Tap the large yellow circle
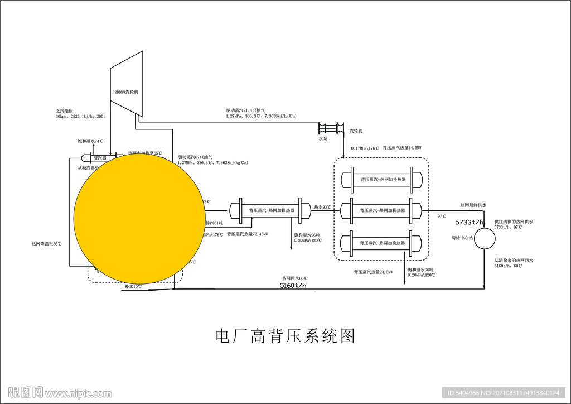pyautogui.click(x=136, y=219)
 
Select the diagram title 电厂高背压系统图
pyautogui.click(x=285, y=336)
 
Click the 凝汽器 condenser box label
pyautogui.click(x=100, y=158)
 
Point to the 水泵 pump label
pyautogui.click(x=323, y=138)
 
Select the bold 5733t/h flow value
pyautogui.click(x=470, y=222)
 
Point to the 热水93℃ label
pyautogui.click(x=322, y=207)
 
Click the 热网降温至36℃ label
pyautogui.click(x=47, y=244)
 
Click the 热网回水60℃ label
pyautogui.click(x=294, y=278)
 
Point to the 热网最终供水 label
pyautogui.click(x=473, y=205)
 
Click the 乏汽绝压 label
pyautogui.click(x=66, y=110)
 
